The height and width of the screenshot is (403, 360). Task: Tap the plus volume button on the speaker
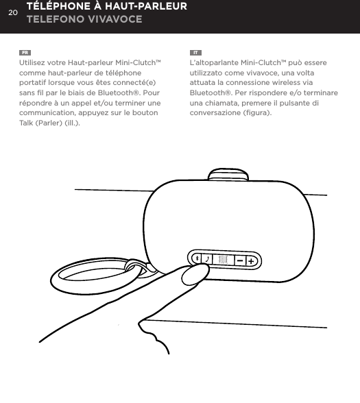tap(252, 260)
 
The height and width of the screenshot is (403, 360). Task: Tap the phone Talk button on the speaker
tap(207, 260)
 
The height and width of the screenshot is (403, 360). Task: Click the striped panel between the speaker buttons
tap(222, 260)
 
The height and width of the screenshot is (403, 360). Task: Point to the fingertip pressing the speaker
tap(196, 275)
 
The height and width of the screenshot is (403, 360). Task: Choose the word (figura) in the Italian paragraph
tap(255, 112)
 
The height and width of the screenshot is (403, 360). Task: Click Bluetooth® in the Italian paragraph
tap(208, 93)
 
